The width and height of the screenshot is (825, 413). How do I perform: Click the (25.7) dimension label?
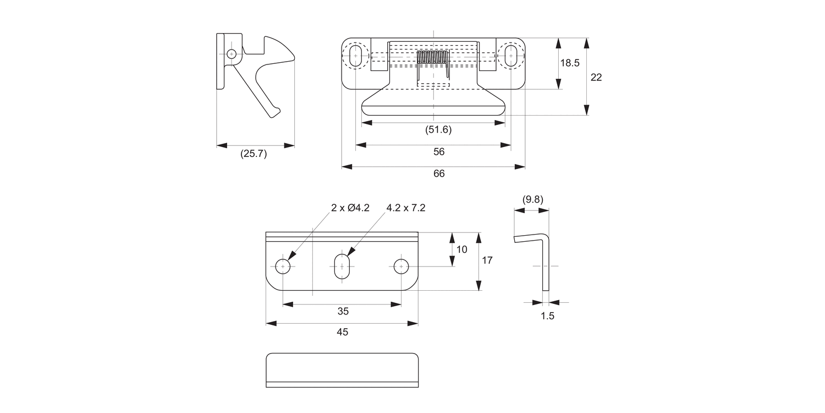click(x=254, y=154)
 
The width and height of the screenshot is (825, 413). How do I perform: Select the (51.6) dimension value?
click(x=438, y=130)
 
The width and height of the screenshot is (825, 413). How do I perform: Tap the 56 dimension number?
click(x=438, y=152)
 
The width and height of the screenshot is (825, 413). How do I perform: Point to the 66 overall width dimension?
click(x=438, y=173)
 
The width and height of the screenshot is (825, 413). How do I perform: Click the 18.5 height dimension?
click(x=570, y=63)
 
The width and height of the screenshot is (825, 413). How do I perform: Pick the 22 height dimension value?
click(x=596, y=78)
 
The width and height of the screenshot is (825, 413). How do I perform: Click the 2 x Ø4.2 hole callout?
click(x=350, y=208)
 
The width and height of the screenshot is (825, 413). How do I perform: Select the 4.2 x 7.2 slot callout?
click(x=406, y=208)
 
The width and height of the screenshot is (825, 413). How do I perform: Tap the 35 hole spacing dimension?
click(x=343, y=311)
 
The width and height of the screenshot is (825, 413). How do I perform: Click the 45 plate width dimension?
click(x=343, y=332)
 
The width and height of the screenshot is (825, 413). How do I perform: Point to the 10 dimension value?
click(x=462, y=249)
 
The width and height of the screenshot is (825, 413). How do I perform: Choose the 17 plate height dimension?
click(x=487, y=260)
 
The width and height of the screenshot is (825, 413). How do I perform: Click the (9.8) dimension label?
click(x=532, y=199)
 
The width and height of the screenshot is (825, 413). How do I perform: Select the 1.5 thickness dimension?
click(x=548, y=316)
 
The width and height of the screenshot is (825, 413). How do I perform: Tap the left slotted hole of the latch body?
click(x=356, y=56)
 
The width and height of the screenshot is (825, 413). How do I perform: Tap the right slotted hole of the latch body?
click(x=511, y=56)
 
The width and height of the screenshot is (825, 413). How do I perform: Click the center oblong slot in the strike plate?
click(x=342, y=267)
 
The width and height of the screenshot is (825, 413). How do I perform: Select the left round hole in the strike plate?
click(x=283, y=267)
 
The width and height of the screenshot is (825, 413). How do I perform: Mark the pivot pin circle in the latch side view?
click(x=232, y=54)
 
